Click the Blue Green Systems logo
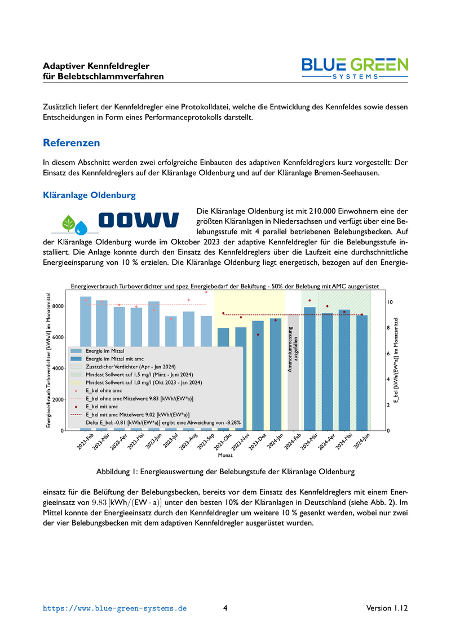click(x=355, y=69)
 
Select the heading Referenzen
click(x=72, y=142)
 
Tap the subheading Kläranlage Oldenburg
click(x=89, y=195)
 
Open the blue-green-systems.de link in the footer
click(x=115, y=608)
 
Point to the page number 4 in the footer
click(x=225, y=608)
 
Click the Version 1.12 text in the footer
click(x=387, y=608)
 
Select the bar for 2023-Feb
click(x=86, y=321)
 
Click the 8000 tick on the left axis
click(x=57, y=306)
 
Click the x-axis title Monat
click(x=225, y=455)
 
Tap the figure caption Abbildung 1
click(x=225, y=470)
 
